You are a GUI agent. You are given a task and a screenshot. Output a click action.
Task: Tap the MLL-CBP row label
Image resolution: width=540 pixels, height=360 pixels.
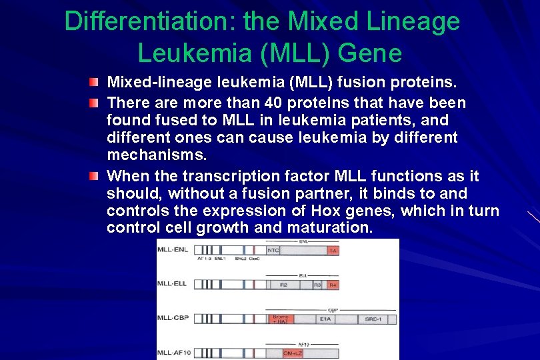pyautogui.click(x=170, y=318)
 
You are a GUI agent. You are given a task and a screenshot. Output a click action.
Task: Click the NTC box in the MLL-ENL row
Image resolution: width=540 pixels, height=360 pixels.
pyautogui.click(x=273, y=251)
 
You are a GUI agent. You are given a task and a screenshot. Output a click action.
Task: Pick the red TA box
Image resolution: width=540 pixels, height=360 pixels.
pyautogui.click(x=333, y=251)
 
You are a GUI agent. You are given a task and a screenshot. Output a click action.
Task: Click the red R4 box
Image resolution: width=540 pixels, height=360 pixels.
pyautogui.click(x=333, y=285)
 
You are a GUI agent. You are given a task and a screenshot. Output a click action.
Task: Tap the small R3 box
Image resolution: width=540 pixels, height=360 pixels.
pyautogui.click(x=317, y=285)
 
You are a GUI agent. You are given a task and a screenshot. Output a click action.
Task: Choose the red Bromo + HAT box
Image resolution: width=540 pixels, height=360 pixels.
pyautogui.click(x=280, y=319)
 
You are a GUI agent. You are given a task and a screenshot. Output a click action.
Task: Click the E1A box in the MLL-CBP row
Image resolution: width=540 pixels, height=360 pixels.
pyautogui.click(x=326, y=319)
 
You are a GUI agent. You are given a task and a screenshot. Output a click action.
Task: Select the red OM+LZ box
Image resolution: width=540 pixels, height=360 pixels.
pyautogui.click(x=293, y=353)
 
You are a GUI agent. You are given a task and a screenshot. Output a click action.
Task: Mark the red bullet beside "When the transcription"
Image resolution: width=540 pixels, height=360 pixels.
pyautogui.click(x=96, y=176)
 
